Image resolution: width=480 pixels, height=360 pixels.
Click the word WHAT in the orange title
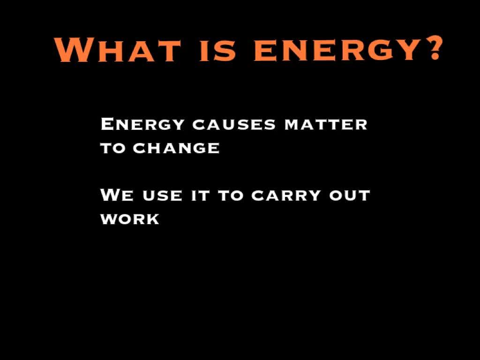click(118, 50)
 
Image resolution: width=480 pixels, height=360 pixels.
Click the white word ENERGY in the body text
click(142, 124)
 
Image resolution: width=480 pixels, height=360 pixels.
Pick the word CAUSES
click(234, 125)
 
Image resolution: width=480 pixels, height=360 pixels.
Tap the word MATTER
click(326, 125)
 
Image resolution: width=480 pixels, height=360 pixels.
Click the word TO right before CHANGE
click(113, 149)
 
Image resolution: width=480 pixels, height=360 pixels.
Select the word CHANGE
click(176, 149)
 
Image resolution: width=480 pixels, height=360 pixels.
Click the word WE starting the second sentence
click(117, 195)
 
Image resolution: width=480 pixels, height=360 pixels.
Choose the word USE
click(162, 196)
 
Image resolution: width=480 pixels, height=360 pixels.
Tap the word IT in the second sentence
click(200, 196)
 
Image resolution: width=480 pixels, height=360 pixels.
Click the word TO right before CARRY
click(231, 196)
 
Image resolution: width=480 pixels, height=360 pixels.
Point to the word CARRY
click(286, 196)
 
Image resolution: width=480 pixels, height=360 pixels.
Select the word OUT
click(350, 196)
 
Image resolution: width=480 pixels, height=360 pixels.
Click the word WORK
click(130, 219)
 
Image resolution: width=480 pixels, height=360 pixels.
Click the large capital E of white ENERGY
click(108, 124)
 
